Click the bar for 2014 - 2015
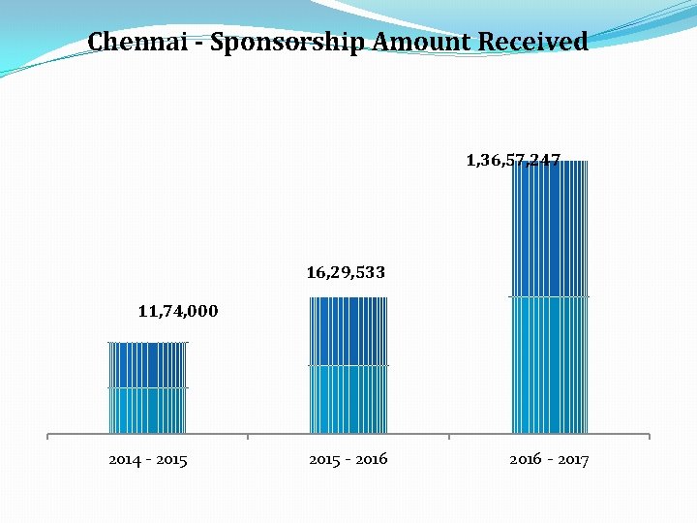click(x=147, y=387)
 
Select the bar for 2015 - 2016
click(x=348, y=365)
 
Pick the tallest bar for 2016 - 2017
click(x=549, y=296)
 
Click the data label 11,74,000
click(x=178, y=311)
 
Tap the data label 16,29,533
click(x=346, y=273)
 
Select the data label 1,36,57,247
click(x=513, y=159)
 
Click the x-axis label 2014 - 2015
click(x=148, y=459)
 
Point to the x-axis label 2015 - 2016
click(x=348, y=459)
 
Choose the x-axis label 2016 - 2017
click(x=549, y=459)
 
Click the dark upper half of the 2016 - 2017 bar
click(x=549, y=229)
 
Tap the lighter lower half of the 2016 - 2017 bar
click(x=549, y=364)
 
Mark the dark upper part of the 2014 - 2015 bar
click(x=147, y=365)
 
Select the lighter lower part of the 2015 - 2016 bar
click(x=348, y=399)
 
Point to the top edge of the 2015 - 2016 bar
click(x=348, y=298)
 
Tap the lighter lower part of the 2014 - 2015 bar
click(x=147, y=410)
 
